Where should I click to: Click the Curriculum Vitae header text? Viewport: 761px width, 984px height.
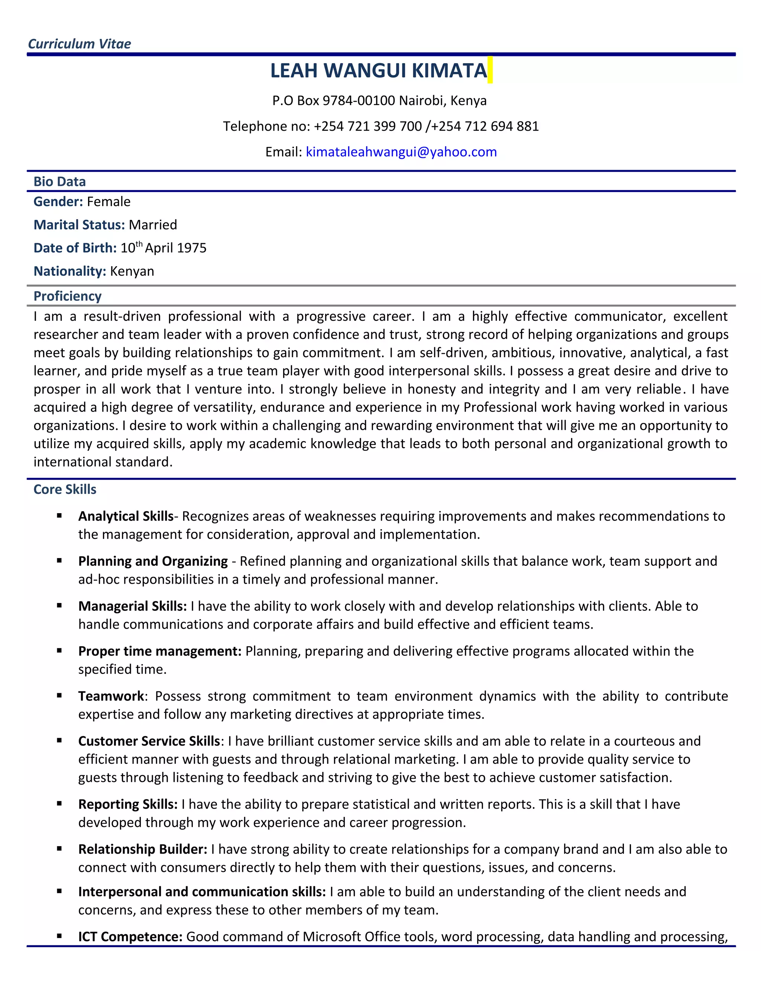click(80, 44)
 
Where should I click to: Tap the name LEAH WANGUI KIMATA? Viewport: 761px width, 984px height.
click(378, 70)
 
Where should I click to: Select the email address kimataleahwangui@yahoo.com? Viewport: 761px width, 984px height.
click(401, 152)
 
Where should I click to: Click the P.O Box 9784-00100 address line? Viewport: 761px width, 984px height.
click(379, 101)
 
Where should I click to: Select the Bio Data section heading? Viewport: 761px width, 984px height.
click(59, 182)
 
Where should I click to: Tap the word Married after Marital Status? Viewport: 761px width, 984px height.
click(153, 225)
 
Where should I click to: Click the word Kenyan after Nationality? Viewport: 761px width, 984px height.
click(132, 271)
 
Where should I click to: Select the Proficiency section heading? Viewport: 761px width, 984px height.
click(68, 296)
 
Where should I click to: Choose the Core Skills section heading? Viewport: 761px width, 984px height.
click(65, 489)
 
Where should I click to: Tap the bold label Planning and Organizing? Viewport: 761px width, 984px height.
click(153, 561)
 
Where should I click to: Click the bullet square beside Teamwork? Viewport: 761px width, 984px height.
click(59, 695)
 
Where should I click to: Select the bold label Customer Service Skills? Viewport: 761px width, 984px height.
click(149, 741)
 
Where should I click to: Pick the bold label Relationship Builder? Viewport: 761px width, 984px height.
click(142, 849)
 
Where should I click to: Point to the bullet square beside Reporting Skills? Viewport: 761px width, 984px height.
click(59, 804)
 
